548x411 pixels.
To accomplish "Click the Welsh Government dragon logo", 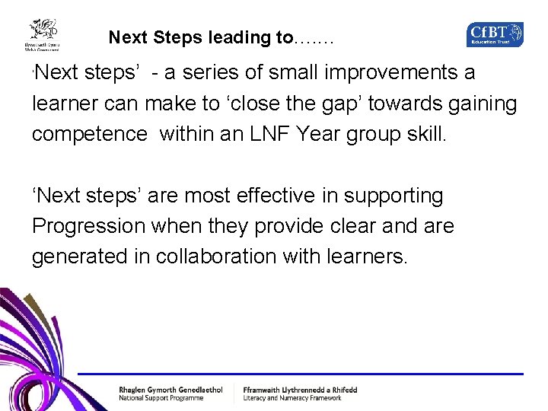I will pyautogui.click(x=44, y=34).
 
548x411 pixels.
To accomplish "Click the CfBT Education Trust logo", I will pyautogui.click(x=495, y=34).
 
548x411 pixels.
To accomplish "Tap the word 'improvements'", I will pyautogui.click(x=388, y=74).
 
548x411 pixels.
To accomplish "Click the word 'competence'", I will pyautogui.click(x=90, y=135).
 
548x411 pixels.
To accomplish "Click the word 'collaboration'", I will pyautogui.click(x=241, y=256).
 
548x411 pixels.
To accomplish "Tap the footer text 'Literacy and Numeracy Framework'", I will pyautogui.click(x=292, y=398).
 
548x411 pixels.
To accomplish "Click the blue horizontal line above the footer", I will pyautogui.click(x=304, y=374).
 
